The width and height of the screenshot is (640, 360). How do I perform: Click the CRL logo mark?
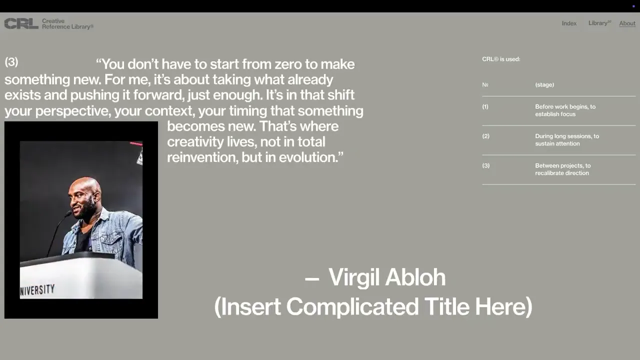(x=21, y=23)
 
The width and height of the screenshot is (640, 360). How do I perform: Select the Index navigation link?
(x=569, y=23)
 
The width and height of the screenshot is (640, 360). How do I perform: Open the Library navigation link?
(x=599, y=23)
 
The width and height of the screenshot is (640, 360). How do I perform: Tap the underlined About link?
(x=627, y=23)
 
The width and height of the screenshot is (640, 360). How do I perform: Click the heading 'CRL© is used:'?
(x=501, y=59)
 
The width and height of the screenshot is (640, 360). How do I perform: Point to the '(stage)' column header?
(x=544, y=84)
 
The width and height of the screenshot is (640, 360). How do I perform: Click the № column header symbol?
(x=485, y=84)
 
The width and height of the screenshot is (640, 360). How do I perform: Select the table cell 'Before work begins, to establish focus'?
(x=565, y=110)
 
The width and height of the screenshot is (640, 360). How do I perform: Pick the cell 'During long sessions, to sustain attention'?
(x=567, y=139)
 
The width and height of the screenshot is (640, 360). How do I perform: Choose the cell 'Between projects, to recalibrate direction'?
(x=562, y=169)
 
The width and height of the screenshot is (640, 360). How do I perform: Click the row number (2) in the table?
(x=485, y=136)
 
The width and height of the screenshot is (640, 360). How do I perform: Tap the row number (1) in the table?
(x=485, y=106)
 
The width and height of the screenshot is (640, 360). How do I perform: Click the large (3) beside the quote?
(x=11, y=61)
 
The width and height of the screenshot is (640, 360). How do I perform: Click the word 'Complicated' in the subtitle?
(x=352, y=306)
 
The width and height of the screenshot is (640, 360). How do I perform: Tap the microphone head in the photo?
(x=68, y=213)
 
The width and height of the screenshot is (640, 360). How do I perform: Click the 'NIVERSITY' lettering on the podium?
(x=37, y=290)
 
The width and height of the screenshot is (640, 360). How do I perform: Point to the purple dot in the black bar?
(x=633, y=6)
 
